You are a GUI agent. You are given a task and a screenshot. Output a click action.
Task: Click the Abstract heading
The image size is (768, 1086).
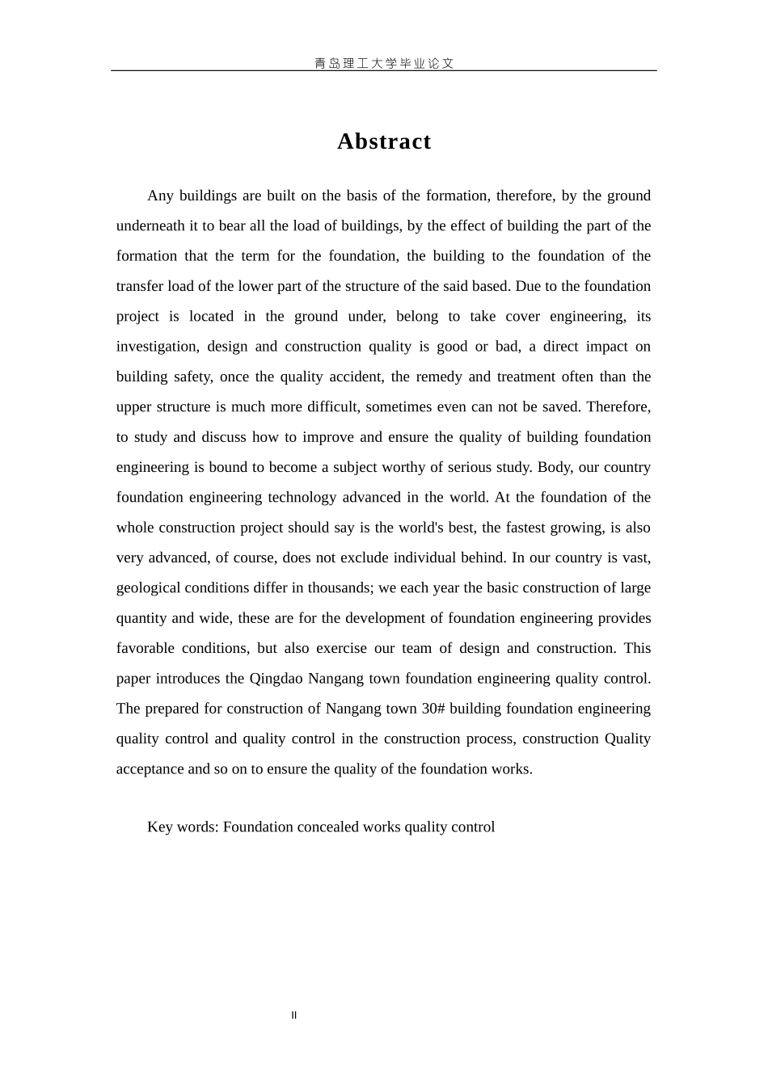pos(384,141)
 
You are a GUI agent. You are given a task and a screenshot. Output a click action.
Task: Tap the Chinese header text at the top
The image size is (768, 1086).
pos(384,63)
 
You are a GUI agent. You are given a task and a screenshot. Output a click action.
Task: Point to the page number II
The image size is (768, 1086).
pos(294,1016)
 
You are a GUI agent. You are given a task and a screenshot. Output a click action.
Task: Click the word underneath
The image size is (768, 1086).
pos(150,225)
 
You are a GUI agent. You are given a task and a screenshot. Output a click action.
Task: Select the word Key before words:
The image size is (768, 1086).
pos(159,827)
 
